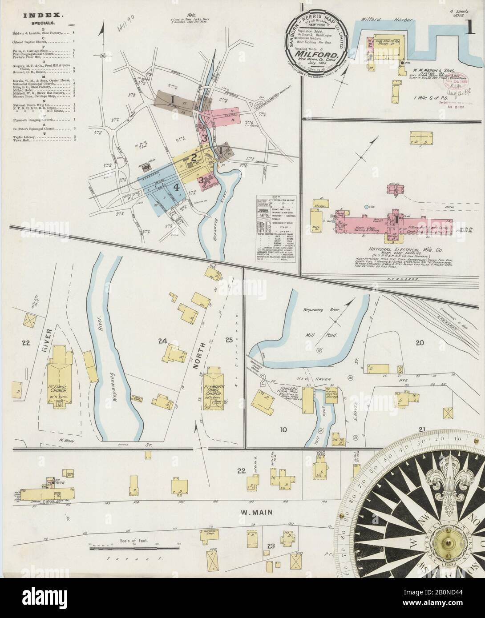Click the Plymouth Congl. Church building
pos(214,389)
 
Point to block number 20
pos(418,342)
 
